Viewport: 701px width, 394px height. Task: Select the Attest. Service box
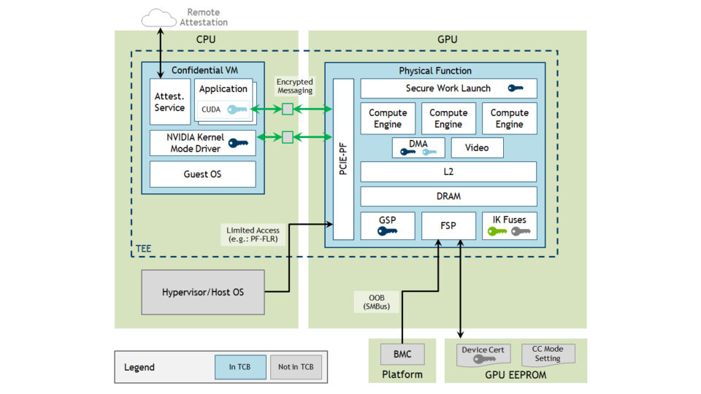(x=169, y=102)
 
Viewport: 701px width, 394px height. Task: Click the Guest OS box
(x=202, y=175)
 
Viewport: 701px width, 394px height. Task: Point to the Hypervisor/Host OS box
(x=202, y=293)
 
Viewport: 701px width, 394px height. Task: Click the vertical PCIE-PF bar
(x=343, y=159)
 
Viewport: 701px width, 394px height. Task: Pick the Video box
(x=477, y=148)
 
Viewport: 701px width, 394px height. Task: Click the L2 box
(x=448, y=172)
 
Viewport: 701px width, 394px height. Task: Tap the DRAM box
(x=448, y=196)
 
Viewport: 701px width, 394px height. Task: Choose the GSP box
(x=387, y=225)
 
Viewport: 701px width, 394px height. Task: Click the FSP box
(x=448, y=225)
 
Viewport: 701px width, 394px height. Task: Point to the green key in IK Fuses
(x=497, y=232)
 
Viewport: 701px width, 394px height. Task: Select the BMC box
(x=402, y=355)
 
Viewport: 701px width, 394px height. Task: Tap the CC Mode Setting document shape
(x=548, y=354)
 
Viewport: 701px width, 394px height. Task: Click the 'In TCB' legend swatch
(x=240, y=367)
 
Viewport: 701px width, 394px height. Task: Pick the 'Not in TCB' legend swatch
(x=296, y=367)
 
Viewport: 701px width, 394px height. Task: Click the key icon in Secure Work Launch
(x=516, y=88)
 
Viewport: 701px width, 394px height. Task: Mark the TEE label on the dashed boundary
(x=143, y=250)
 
